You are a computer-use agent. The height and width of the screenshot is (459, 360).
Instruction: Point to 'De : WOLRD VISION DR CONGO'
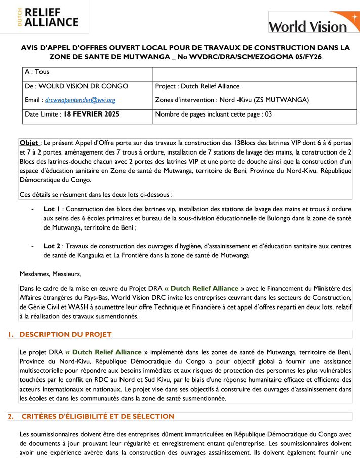point(76,86)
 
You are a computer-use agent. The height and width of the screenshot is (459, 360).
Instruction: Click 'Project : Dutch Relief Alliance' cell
point(197,86)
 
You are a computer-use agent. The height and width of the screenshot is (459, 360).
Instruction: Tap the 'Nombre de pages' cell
point(214,114)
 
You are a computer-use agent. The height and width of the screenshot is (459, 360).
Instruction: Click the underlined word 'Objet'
point(28,143)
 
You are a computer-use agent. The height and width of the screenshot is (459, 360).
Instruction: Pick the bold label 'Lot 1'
point(52,209)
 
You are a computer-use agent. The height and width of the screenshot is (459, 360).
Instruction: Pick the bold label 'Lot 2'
point(52,246)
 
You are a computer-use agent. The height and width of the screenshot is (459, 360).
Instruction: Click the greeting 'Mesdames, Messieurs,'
point(50,274)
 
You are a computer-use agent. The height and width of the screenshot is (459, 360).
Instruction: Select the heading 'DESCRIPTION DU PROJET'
point(65,334)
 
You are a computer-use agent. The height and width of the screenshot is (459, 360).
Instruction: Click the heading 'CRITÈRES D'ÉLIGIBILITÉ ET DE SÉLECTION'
point(98,416)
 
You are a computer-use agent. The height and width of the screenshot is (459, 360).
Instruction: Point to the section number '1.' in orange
point(10,334)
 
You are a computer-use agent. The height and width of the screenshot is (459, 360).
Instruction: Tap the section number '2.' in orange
point(10,416)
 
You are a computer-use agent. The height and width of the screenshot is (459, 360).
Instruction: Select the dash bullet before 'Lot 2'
point(33,246)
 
